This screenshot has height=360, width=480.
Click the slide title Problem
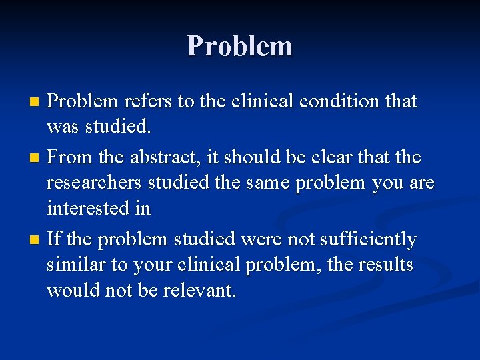[240, 46]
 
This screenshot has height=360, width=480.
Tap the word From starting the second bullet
[71, 157]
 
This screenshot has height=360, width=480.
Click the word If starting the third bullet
[54, 239]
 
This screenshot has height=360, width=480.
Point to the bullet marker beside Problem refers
[36, 103]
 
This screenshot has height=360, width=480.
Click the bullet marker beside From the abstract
[36, 159]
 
